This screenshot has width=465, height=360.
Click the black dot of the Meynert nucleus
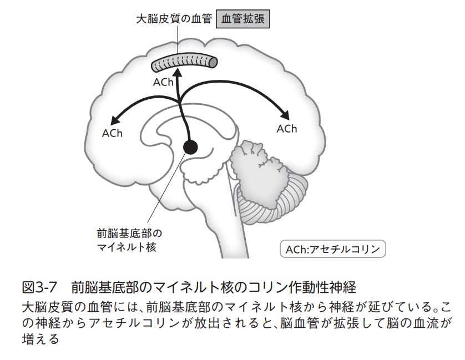tap(190, 146)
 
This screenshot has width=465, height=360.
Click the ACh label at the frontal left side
tap(112, 133)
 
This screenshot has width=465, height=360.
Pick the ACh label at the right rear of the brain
tap(287, 129)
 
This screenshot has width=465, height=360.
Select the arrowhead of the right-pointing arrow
tap(286, 115)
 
